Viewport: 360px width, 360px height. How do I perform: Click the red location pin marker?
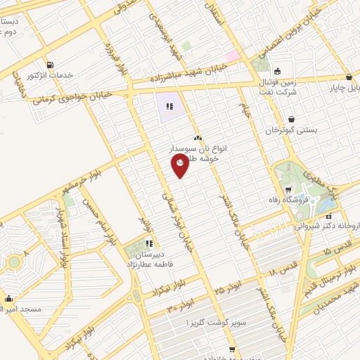click(181, 165)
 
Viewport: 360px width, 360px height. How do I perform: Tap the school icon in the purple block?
click(168, 107)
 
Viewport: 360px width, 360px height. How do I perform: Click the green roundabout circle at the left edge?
click(13, 262)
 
